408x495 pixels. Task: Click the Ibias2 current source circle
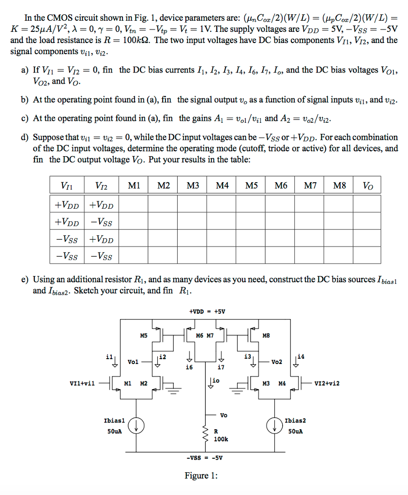coord(274,425)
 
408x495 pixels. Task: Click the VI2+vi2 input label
coord(327,383)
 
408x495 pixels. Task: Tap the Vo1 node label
coord(133,362)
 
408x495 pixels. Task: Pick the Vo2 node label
coord(276,362)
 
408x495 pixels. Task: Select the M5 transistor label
coord(143,335)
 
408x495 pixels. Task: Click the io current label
coord(216,380)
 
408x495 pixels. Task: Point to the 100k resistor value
coord(220,439)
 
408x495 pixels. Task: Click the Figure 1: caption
coord(201,476)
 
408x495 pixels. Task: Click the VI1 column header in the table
coord(67,185)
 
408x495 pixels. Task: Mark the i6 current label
coord(190,367)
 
